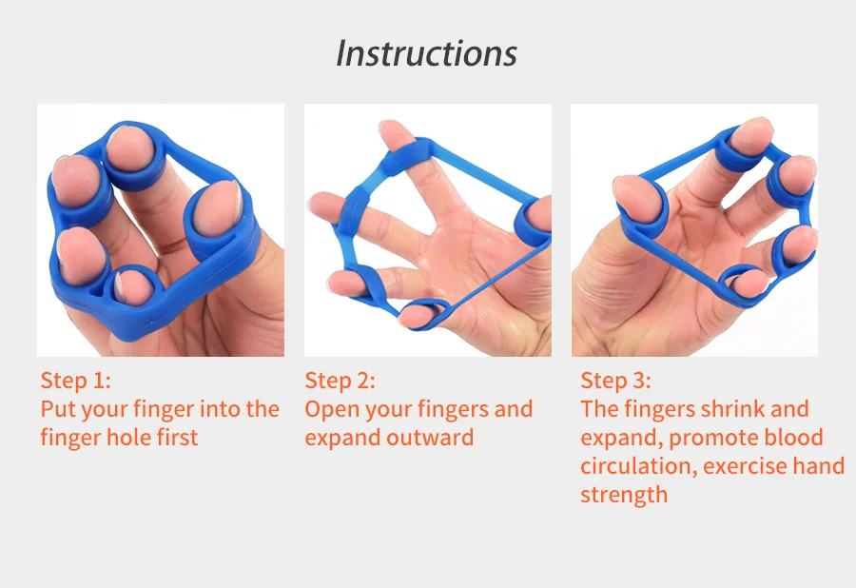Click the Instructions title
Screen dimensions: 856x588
point(426,53)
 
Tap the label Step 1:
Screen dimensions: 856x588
point(75,381)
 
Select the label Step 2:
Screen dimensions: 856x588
point(340,381)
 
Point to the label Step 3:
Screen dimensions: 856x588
point(615,381)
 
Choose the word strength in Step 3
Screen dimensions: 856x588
point(624,495)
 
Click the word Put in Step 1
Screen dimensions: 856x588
point(57,409)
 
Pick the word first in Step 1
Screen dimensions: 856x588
point(181,438)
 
